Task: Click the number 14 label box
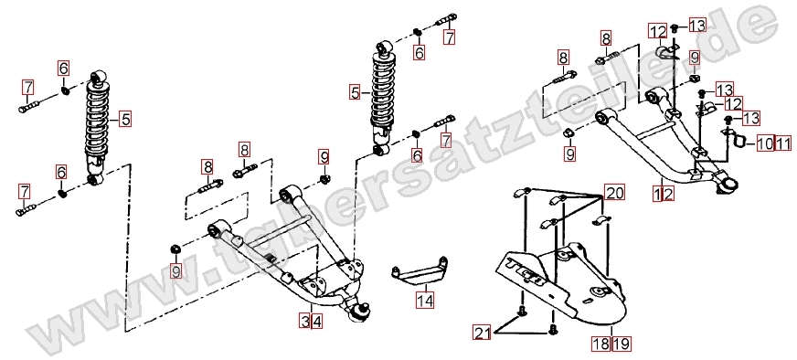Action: pos(425,300)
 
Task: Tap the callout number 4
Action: pos(316,321)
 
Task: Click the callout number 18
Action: pos(600,344)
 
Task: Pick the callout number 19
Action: pos(621,344)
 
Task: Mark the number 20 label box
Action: pos(614,192)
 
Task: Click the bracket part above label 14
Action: pos(420,271)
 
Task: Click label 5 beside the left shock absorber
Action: pos(125,120)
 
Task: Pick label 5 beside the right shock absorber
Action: pos(355,93)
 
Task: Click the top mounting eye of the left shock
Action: pos(99,78)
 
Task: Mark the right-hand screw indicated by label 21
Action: pos(553,330)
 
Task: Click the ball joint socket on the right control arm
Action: pos(725,183)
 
